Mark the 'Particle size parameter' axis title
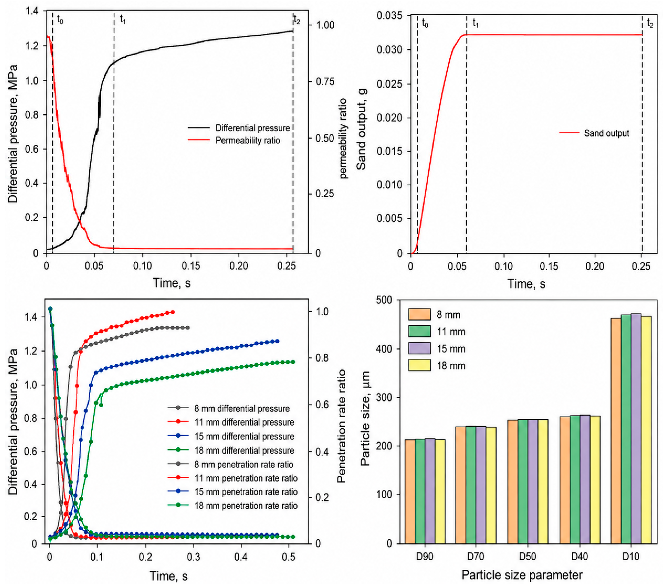pyautogui.click(x=522, y=575)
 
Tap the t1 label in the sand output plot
pyautogui.click(x=476, y=23)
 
